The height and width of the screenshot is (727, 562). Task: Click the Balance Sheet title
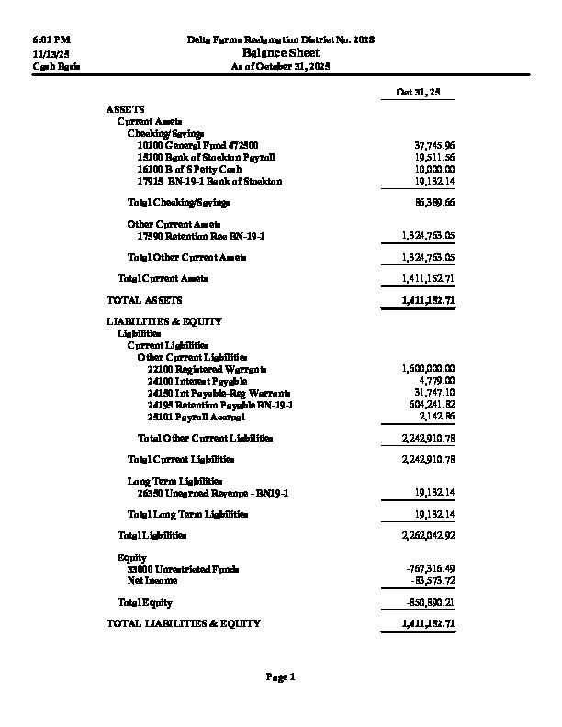point(280,53)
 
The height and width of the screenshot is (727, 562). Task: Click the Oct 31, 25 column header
point(412,94)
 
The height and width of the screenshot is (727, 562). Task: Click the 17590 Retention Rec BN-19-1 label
point(193,236)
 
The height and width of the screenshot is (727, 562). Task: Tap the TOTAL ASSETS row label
point(144,300)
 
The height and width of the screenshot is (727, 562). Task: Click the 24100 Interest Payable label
point(197,380)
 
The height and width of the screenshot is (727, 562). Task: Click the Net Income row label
point(152,580)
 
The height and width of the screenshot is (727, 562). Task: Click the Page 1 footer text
point(280,677)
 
